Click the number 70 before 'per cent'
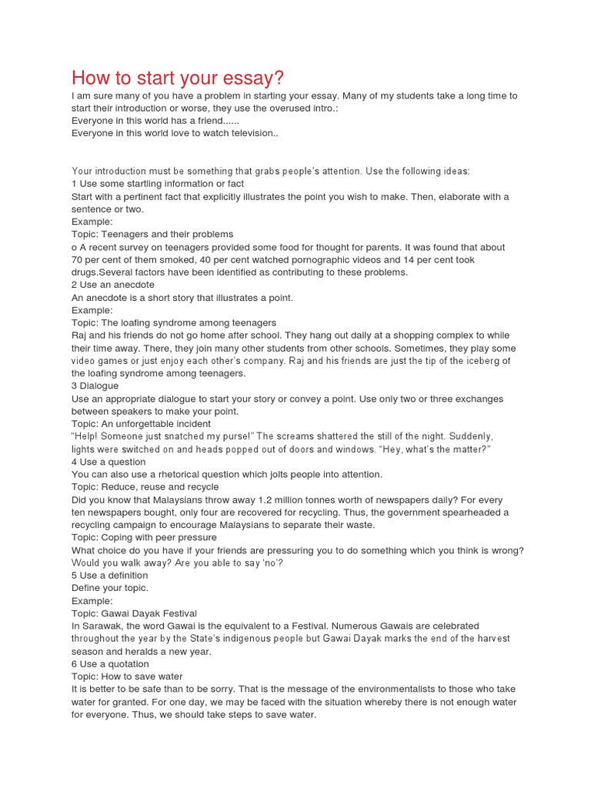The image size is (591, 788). (x=78, y=260)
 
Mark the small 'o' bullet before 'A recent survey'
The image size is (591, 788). (x=74, y=248)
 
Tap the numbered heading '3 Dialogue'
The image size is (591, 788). (x=95, y=386)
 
